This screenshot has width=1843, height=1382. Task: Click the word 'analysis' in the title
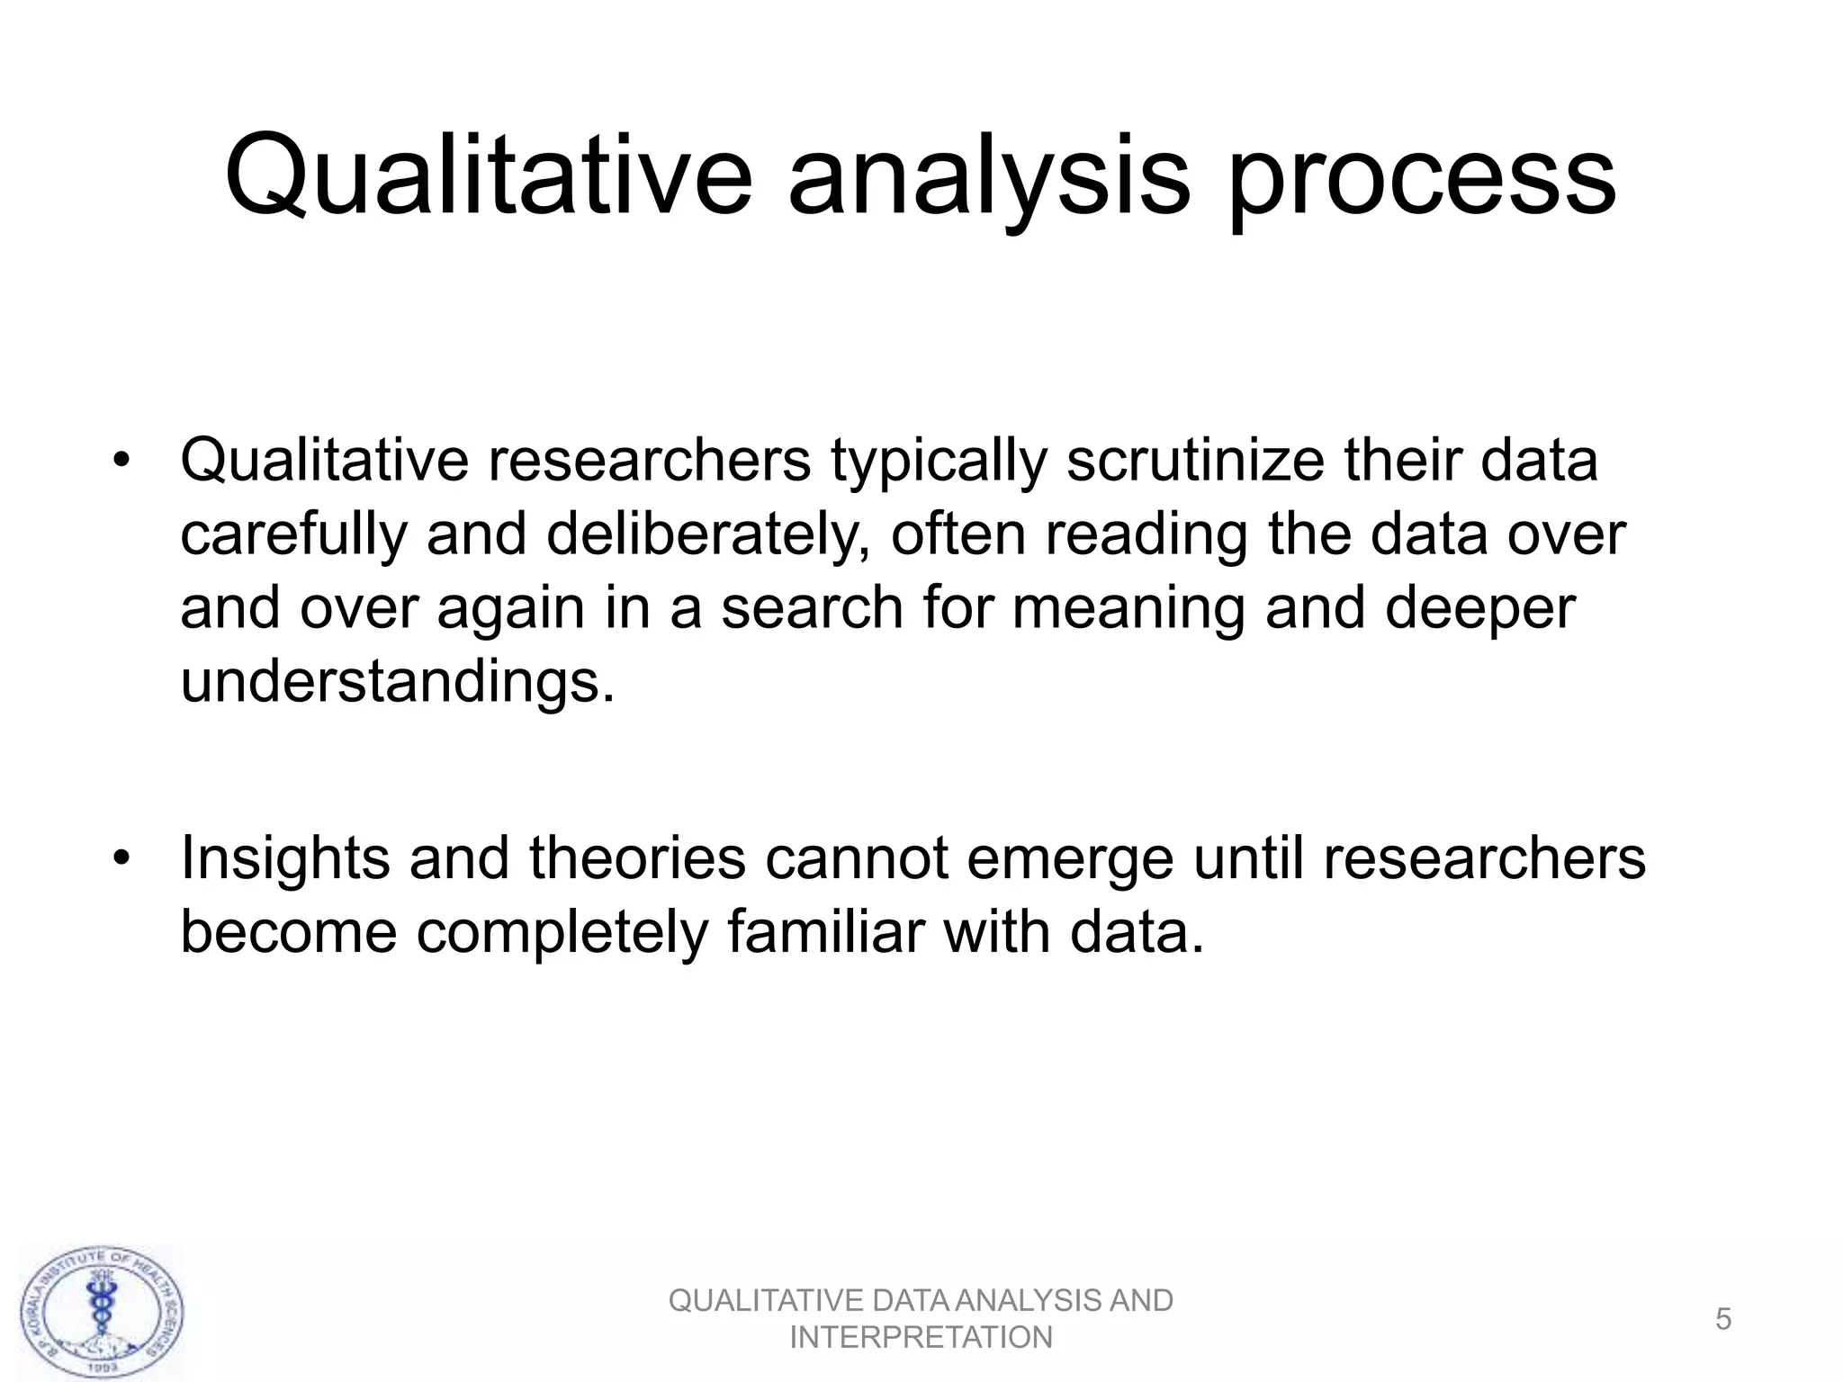coord(988,175)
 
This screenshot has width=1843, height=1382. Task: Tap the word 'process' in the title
coord(1422,175)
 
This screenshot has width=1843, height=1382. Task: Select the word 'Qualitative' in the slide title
coord(487,175)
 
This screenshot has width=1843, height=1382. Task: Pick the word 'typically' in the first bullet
coord(939,460)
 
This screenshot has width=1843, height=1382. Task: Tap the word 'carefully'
coord(294,534)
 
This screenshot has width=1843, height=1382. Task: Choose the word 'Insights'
coord(285,857)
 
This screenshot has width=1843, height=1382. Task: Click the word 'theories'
coord(637,857)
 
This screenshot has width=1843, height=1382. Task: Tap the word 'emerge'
coord(1070,857)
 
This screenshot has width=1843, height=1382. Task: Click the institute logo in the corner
coord(102,1313)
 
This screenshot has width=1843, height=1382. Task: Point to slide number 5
coord(1722,1319)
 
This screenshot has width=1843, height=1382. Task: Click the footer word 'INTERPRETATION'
coord(921,1338)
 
